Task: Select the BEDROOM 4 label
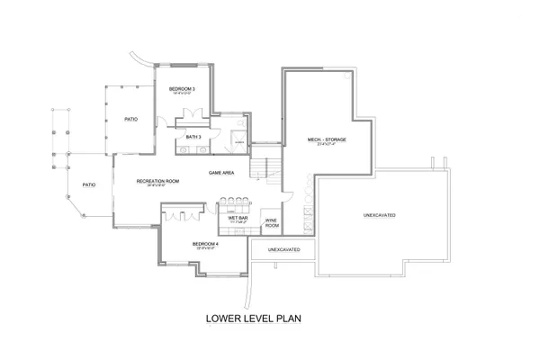pyautogui.click(x=205, y=244)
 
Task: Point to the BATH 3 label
pyautogui.click(x=193, y=136)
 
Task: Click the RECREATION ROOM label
pyautogui.click(x=157, y=182)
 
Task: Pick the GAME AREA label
pyautogui.click(x=221, y=172)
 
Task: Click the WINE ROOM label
pyautogui.click(x=270, y=223)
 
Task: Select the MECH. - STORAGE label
pyautogui.click(x=327, y=140)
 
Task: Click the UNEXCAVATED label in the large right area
pyautogui.click(x=379, y=215)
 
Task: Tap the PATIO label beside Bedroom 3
pyautogui.click(x=130, y=119)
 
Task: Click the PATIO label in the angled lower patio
pyautogui.click(x=89, y=185)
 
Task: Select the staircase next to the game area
pyautogui.click(x=261, y=167)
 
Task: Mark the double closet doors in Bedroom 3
pyautogui.click(x=193, y=114)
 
